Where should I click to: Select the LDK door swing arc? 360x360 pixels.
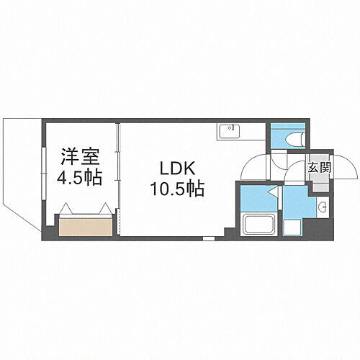coord(253,167)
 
